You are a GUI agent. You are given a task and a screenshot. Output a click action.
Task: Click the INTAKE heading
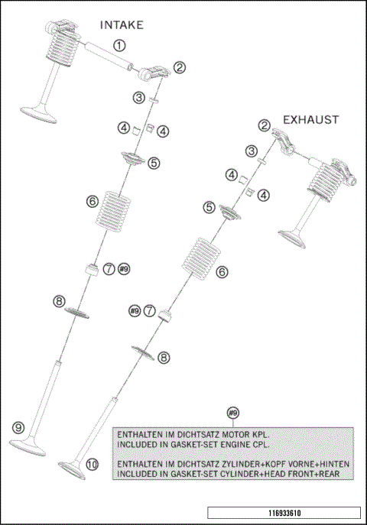[x=122, y=25]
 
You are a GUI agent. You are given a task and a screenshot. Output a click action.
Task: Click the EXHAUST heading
[x=311, y=119]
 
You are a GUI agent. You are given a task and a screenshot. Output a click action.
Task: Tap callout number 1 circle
[x=119, y=45]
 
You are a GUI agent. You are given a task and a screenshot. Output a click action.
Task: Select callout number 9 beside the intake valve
[x=18, y=427]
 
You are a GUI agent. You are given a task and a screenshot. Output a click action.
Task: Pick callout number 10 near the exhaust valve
[x=92, y=464]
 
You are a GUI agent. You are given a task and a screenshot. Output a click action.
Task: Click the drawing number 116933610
[x=284, y=513]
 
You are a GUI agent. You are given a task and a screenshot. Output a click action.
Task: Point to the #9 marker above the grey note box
[x=233, y=413]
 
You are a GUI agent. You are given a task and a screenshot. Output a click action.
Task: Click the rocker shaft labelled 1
[x=109, y=56]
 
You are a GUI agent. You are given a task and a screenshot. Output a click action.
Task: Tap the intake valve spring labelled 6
[x=109, y=212]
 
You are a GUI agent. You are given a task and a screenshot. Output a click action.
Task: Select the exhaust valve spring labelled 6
[x=201, y=258]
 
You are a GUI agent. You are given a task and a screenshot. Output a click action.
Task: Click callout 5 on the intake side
[x=154, y=163]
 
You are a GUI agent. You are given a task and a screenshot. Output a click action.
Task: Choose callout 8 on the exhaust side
[x=164, y=358]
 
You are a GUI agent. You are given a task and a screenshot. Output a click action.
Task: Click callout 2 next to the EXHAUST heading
[x=265, y=126]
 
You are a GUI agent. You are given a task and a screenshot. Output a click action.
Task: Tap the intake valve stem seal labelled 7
[x=91, y=270]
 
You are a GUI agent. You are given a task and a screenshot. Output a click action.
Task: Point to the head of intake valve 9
[x=27, y=448]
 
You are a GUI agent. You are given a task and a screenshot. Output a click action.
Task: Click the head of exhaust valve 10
[x=72, y=470]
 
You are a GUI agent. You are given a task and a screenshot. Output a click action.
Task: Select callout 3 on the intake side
[x=138, y=98]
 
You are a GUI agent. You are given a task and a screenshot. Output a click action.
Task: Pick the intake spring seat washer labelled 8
[x=76, y=313]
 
